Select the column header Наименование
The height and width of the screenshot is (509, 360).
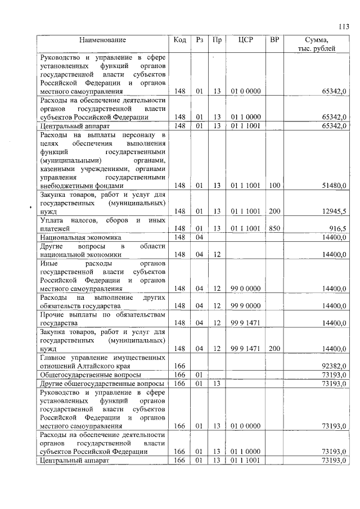coord(102,40)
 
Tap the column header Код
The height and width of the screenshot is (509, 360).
coord(180,40)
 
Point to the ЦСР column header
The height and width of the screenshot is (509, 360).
coord(246,40)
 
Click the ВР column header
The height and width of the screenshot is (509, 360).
coord(274,40)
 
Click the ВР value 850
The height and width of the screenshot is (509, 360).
coord(274,229)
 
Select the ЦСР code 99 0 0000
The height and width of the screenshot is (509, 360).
coord(245,289)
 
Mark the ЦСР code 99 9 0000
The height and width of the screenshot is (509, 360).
coord(245,306)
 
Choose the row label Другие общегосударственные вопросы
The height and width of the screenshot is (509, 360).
coord(102,384)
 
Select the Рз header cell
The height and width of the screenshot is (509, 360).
coord(199,40)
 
